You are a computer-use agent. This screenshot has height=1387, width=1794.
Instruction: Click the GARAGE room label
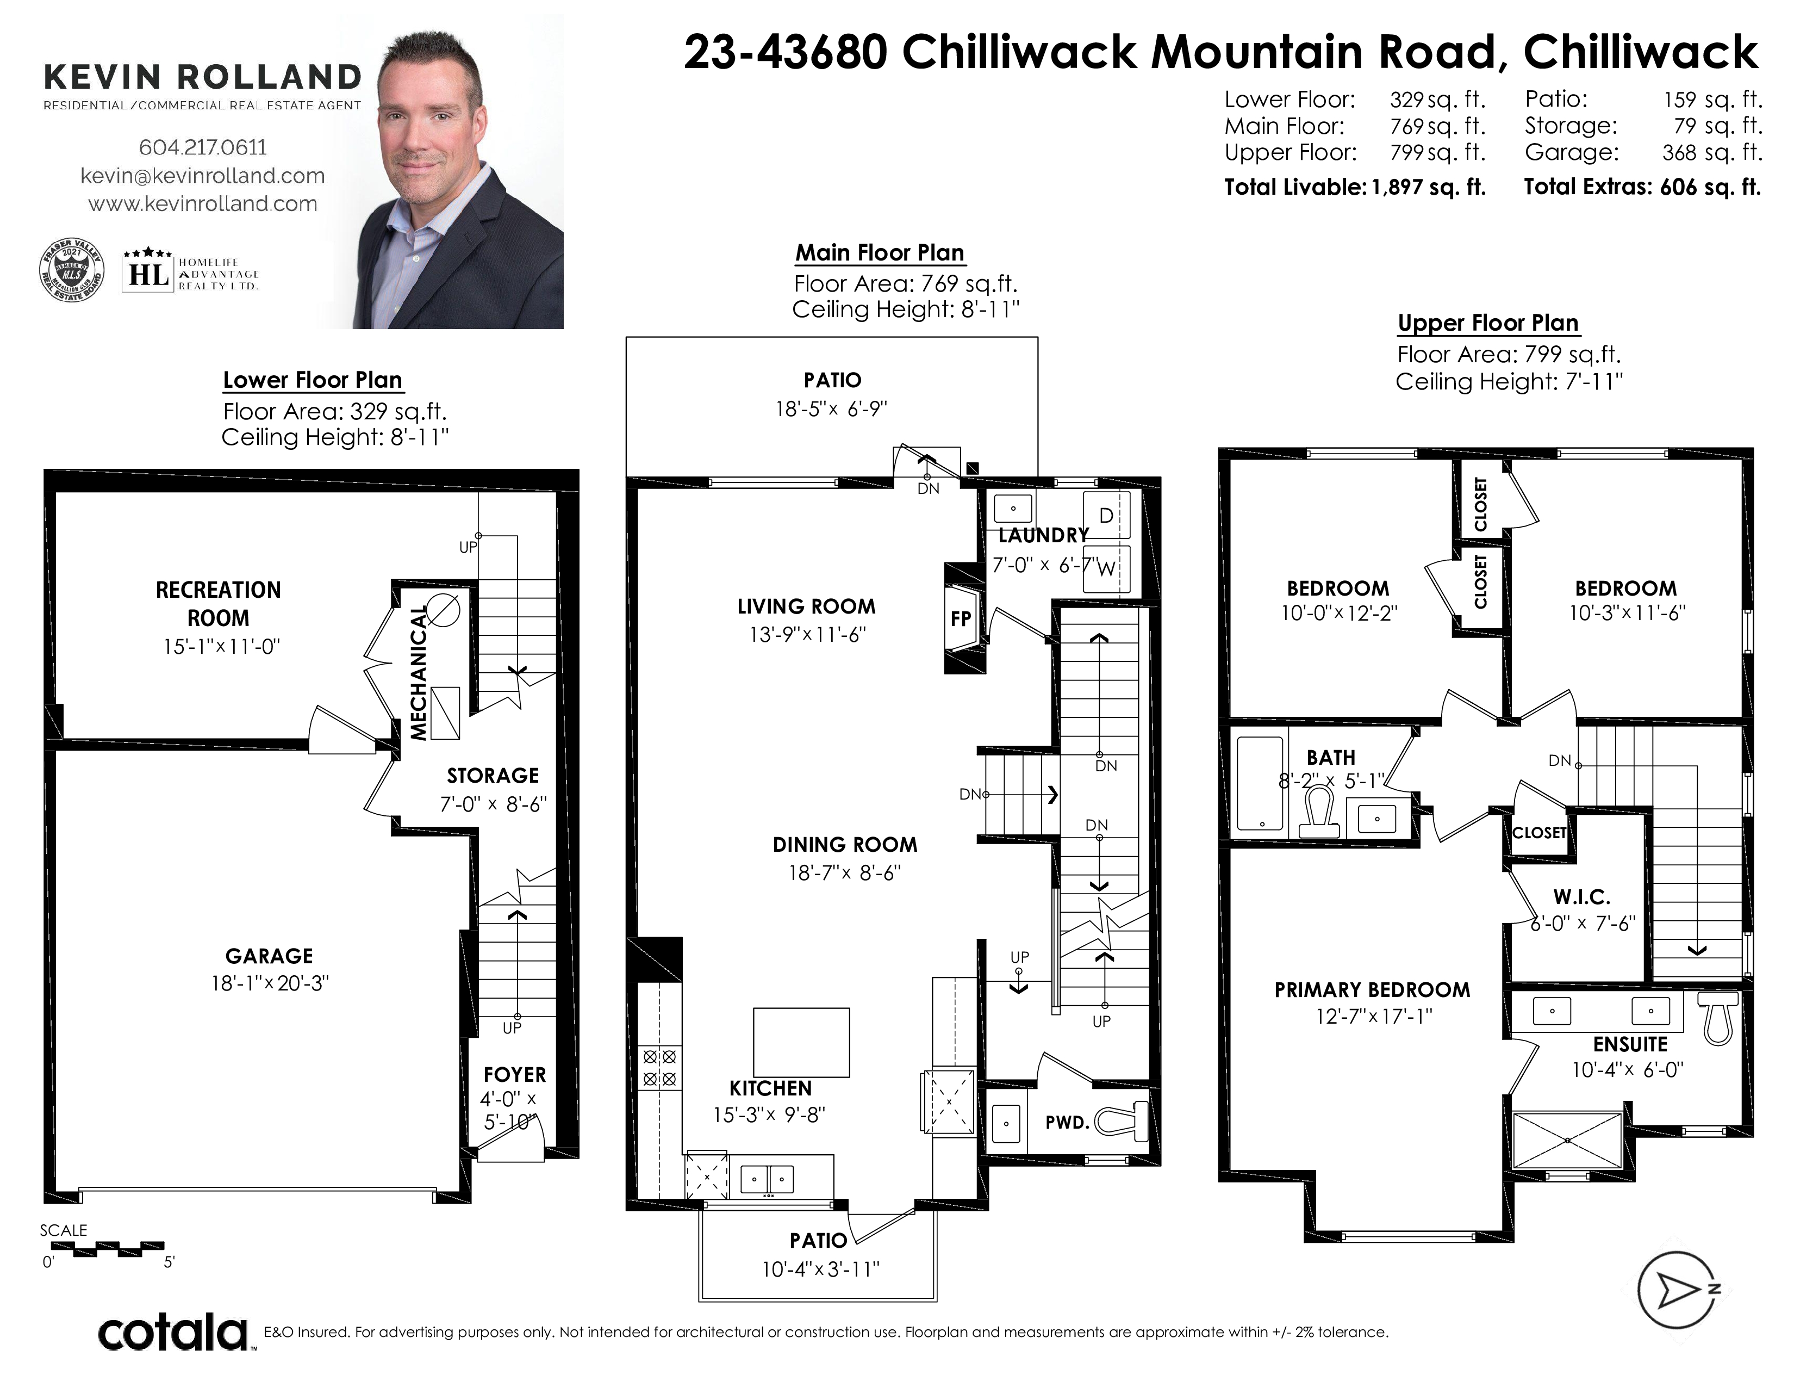pyautogui.click(x=270, y=956)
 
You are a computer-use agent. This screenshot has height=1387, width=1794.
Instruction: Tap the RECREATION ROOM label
pyautogui.click(x=219, y=604)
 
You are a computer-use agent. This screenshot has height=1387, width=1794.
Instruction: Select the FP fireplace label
pyautogui.click(x=961, y=619)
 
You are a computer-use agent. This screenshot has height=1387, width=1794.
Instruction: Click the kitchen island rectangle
pyautogui.click(x=801, y=1042)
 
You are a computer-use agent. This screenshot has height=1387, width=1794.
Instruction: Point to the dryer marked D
pyautogui.click(x=1106, y=515)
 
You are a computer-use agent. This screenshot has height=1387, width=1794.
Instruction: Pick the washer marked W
pyautogui.click(x=1106, y=568)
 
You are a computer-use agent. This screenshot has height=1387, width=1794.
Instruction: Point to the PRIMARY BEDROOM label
pyautogui.click(x=1372, y=989)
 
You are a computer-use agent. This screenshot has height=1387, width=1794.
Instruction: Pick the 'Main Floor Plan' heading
pyautogui.click(x=880, y=253)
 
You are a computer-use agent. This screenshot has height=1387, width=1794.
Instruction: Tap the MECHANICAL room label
pyautogui.click(x=420, y=673)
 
